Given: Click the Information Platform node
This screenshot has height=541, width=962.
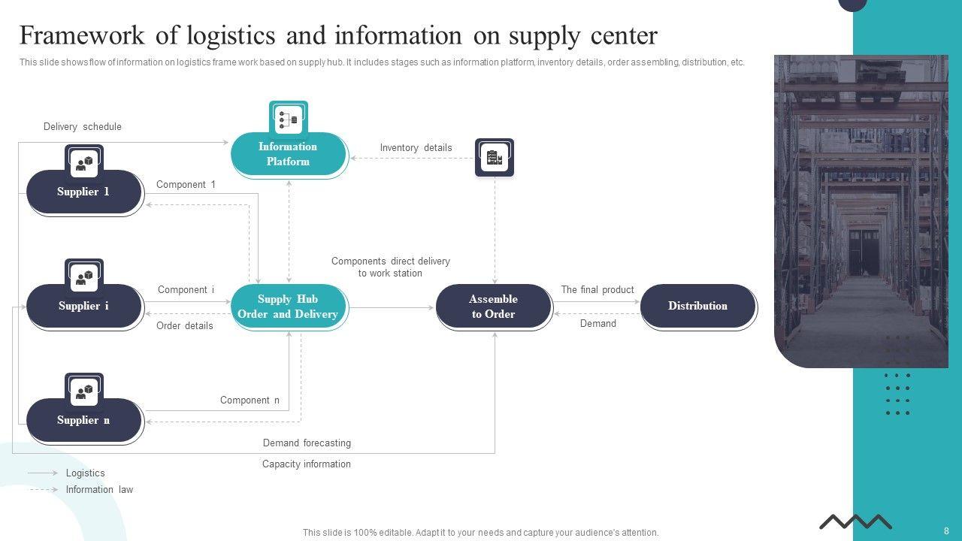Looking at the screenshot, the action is (289, 155).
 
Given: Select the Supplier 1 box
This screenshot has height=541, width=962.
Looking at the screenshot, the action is (84, 192).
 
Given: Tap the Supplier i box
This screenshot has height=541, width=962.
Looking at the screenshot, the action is (84, 306).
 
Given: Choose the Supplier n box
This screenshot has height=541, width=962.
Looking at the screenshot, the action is (84, 420).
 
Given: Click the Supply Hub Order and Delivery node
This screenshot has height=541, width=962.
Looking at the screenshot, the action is (289, 307).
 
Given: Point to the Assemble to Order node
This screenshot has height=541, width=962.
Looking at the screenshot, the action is (494, 307).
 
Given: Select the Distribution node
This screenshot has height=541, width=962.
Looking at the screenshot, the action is (698, 306).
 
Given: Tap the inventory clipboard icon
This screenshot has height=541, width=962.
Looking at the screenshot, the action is (495, 157).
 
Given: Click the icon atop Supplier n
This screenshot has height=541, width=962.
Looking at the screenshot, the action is (84, 391).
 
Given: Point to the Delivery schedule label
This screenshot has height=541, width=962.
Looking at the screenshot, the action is (83, 127).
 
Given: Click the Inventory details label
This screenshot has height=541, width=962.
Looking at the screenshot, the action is (416, 148).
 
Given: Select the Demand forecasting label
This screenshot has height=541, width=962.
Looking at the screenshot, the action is (307, 443).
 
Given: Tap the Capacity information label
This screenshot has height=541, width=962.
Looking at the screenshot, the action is (307, 464).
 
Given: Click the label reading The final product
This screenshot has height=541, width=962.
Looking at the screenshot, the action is (597, 290).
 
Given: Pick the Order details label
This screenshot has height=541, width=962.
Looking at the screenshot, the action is (185, 326).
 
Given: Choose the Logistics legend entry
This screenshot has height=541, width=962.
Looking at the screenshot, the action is (86, 473).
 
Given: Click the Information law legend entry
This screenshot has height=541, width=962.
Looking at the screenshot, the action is (100, 489).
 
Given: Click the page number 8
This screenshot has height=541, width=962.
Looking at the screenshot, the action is (946, 530).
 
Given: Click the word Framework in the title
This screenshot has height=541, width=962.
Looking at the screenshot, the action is (82, 35).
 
